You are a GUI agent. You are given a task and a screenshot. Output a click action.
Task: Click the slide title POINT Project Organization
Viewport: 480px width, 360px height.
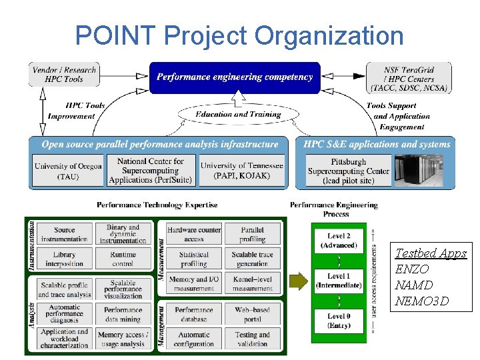(239, 36)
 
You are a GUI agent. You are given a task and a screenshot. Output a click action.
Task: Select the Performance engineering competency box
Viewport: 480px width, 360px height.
(235, 77)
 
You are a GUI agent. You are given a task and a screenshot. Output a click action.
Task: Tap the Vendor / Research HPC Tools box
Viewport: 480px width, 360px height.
(64, 75)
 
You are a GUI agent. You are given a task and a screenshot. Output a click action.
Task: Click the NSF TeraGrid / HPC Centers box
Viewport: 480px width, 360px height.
(409, 78)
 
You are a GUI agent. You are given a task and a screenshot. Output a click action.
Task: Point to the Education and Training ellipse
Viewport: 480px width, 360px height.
(238, 115)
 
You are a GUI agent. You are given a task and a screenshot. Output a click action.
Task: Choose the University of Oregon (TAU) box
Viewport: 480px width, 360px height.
(67, 171)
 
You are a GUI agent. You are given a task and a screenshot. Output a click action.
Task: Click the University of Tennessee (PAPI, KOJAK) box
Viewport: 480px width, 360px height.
(241, 171)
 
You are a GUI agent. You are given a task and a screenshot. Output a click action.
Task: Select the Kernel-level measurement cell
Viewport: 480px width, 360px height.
(253, 284)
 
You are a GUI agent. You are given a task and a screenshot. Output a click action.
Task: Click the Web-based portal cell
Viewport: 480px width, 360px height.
(253, 314)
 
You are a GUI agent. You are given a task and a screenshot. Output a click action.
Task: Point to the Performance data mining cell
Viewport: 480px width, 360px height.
(123, 314)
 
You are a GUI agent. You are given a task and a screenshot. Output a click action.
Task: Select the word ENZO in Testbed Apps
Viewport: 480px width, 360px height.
(412, 269)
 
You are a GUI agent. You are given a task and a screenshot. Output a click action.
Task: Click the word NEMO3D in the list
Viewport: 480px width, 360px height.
(422, 301)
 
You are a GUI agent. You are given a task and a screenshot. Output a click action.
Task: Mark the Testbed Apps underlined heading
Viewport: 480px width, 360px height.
(431, 253)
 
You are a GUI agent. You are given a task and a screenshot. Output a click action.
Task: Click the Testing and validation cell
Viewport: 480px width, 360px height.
(253, 339)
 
